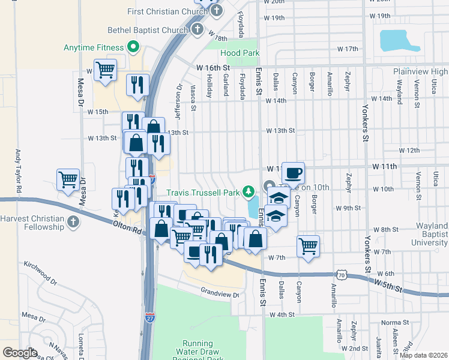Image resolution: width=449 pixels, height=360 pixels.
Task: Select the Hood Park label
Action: pos(240,53)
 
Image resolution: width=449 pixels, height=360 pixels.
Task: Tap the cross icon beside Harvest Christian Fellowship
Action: pos(73,223)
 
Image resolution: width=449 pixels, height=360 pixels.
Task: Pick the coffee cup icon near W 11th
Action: pos(293,173)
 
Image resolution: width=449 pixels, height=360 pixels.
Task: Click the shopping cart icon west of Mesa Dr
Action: pos(68,179)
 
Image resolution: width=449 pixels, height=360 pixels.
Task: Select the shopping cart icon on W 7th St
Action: pos(308,245)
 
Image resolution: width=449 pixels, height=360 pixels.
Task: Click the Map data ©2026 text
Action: pos(423,355)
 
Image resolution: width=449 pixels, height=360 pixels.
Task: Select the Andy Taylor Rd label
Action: pos(19,170)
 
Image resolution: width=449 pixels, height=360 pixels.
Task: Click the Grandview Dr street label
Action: pos(220,294)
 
